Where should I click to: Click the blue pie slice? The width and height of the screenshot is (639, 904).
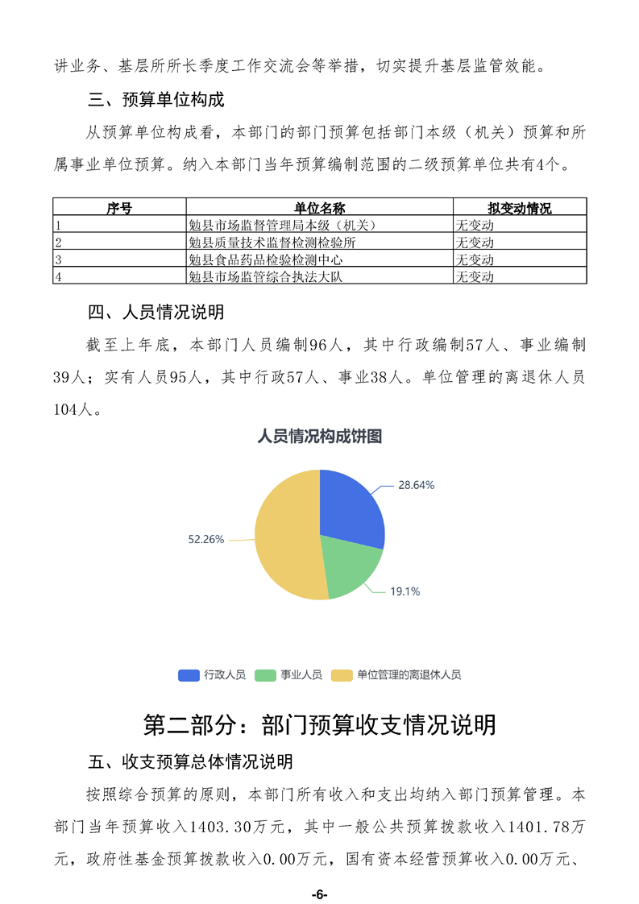pyautogui.click(x=351, y=508)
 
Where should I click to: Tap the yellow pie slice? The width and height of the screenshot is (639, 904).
pyautogui.click(x=286, y=536)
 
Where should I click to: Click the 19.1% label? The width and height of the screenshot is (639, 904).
pyautogui.click(x=405, y=591)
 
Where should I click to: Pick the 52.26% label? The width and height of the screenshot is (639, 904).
pyautogui.click(x=205, y=539)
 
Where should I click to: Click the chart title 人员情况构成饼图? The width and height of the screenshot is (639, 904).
pyautogui.click(x=319, y=437)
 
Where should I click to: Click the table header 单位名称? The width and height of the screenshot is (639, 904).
pyautogui.click(x=319, y=208)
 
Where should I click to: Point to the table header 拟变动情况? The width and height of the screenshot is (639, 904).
pyautogui.click(x=519, y=208)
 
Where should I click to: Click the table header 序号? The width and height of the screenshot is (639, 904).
pyautogui.click(x=119, y=208)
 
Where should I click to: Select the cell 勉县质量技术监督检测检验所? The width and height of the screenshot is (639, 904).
pyautogui.click(x=272, y=242)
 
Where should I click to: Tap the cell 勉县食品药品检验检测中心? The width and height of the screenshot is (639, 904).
pyautogui.click(x=266, y=259)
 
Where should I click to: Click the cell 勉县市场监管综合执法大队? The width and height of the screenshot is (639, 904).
pyautogui.click(x=266, y=276)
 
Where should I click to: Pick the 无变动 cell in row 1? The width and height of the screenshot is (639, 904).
pyautogui.click(x=475, y=225)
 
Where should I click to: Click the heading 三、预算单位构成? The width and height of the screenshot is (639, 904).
pyautogui.click(x=156, y=101)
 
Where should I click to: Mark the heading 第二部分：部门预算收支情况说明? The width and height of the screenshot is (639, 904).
pyautogui.click(x=319, y=724)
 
